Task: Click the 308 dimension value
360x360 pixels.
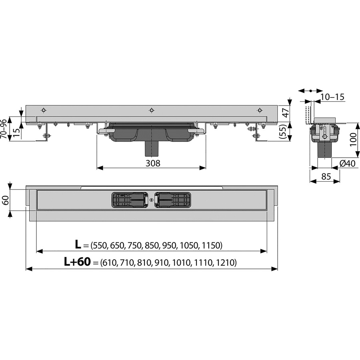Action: [153, 163]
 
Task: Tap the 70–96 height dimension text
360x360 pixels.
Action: [4, 129]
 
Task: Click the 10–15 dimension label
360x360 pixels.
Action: [332, 97]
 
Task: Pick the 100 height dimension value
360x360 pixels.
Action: [353, 139]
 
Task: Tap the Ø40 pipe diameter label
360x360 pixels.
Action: [347, 163]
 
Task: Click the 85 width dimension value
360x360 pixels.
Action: [326, 176]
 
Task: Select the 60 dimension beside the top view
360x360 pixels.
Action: [6, 200]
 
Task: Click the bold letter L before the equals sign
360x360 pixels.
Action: [78, 245]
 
